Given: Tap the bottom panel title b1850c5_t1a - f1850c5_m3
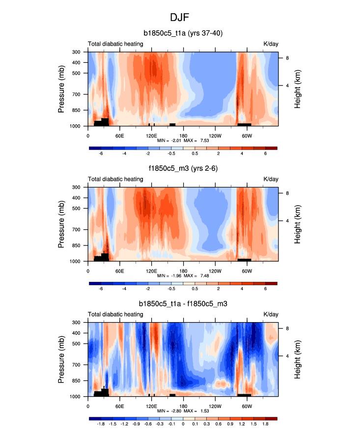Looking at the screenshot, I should pos(183,304).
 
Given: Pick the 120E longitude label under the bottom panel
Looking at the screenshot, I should pos(151,406).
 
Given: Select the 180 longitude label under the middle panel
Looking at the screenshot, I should pos(183,271).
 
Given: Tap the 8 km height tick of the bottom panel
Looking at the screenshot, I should pos(286,328).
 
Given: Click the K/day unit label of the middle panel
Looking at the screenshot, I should pos(271,179).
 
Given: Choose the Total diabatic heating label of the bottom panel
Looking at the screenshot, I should pos(115,315).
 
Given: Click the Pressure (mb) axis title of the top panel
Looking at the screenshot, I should pos(62,89).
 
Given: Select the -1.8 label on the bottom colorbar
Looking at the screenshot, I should pos(101,424).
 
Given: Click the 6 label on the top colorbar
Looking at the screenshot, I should pos(265,153).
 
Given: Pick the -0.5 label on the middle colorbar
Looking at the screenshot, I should pos(171,289).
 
